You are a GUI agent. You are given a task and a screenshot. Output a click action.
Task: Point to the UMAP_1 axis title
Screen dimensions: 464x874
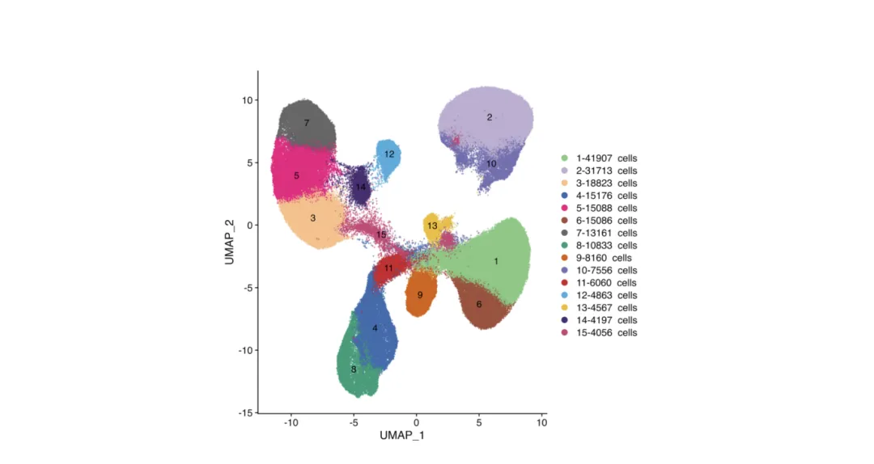tap(402, 437)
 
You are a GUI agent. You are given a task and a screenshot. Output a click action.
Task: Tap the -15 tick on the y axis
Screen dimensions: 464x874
tap(244, 413)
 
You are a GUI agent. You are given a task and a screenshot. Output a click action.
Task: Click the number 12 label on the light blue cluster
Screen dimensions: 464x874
tap(389, 154)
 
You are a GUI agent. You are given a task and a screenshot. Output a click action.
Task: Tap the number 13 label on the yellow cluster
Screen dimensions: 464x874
tap(432, 226)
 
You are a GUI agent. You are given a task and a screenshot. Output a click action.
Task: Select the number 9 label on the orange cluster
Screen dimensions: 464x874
tap(420, 295)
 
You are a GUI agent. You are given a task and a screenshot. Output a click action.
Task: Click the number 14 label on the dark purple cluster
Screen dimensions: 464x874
tap(361, 188)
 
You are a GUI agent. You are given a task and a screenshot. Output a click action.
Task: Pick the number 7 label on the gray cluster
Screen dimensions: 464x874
tap(307, 123)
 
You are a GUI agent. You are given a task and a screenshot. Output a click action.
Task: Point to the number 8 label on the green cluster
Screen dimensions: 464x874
tap(353, 369)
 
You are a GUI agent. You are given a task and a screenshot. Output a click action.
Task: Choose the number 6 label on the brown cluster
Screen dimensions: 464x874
tap(479, 305)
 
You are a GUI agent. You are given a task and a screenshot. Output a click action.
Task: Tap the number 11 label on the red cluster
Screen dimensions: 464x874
tap(389, 268)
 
